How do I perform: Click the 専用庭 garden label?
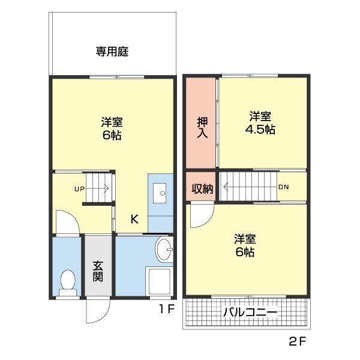coord(112,52)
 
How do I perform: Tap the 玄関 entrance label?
coord(98,270)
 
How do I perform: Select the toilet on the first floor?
coord(68,281)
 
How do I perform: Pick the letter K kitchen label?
coord(134,220)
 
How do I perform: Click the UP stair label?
coord(79,189)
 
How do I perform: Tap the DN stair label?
coord(283,187)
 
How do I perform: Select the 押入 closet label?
coord(202,127)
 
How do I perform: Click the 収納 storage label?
coord(202,188)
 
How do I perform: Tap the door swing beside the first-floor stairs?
coord(67,221)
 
